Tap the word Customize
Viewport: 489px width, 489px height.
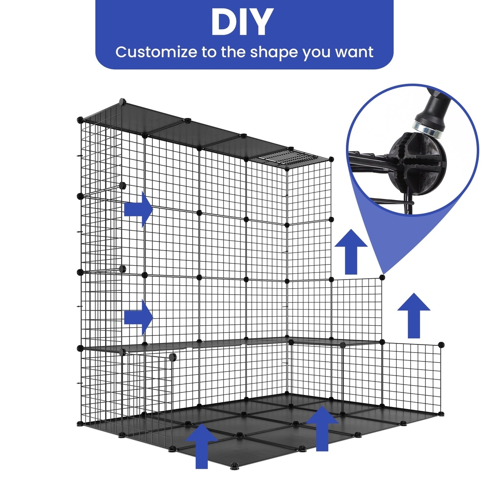tap(156, 52)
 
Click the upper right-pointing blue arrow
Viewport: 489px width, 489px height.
tap(139, 209)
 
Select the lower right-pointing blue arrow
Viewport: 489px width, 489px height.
tap(139, 317)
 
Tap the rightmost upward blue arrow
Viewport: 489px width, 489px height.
tap(414, 316)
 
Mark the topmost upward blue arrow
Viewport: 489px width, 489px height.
tap(351, 252)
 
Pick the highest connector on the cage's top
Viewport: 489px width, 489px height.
tap(123, 102)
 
